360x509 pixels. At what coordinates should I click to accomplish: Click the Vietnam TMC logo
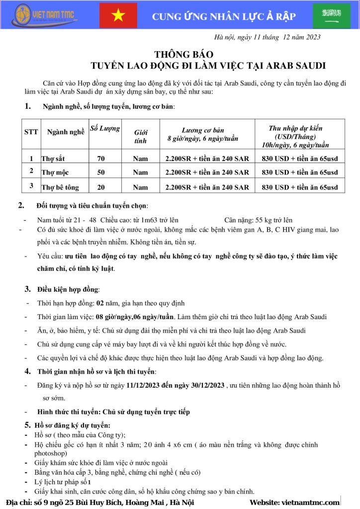pos(45,15)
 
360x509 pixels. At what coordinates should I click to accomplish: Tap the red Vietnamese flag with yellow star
pos(118,15)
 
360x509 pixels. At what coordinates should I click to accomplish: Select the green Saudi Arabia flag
pos(331,15)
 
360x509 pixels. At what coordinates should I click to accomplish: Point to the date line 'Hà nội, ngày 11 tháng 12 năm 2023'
pos(267,37)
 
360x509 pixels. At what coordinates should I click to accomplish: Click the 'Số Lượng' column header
pos(104,129)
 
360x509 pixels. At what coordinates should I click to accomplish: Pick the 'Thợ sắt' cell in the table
pos(53,159)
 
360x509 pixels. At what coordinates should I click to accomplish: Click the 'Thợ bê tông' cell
pos(60,187)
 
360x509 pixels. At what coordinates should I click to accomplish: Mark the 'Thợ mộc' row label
pos(55,172)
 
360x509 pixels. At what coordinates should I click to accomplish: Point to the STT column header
pos(31,132)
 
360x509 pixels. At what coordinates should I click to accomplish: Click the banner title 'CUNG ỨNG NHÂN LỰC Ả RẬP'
pos(224,16)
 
